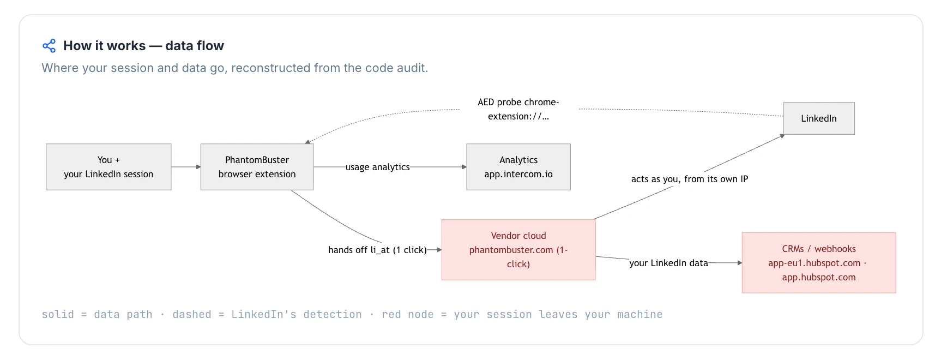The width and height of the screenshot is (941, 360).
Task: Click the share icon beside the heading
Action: [x=49, y=46]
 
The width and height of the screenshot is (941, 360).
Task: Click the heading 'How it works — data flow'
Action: [x=143, y=46]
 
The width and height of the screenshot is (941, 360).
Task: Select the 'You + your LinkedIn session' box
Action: [x=108, y=167]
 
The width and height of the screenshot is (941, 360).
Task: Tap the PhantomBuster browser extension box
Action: [x=257, y=167]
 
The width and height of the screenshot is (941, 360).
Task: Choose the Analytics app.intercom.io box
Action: [x=518, y=167]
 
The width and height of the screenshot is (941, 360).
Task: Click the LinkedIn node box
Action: [x=819, y=118]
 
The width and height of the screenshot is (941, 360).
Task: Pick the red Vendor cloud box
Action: [x=518, y=250]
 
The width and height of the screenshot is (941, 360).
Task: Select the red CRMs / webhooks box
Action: [x=819, y=263]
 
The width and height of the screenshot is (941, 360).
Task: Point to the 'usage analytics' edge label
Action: [x=378, y=167]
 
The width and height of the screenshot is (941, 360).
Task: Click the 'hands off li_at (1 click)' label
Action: [x=377, y=250]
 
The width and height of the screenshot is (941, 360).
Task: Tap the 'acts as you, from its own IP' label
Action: [x=690, y=179]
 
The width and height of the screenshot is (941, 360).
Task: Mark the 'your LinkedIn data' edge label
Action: [x=668, y=263]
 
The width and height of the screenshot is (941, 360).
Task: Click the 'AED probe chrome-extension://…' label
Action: [x=518, y=109]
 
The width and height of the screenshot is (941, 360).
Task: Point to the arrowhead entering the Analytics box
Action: [x=464, y=167]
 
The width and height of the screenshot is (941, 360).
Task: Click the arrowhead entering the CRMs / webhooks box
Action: [x=739, y=263]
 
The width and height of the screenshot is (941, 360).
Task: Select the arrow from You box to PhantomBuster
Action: [x=186, y=167]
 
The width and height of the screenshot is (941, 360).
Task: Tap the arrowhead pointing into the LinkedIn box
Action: [x=782, y=136]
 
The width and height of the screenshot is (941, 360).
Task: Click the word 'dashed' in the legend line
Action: [x=192, y=314]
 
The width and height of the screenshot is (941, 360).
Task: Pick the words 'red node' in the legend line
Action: [x=408, y=314]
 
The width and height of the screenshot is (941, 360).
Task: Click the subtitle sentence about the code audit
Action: [x=235, y=68]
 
